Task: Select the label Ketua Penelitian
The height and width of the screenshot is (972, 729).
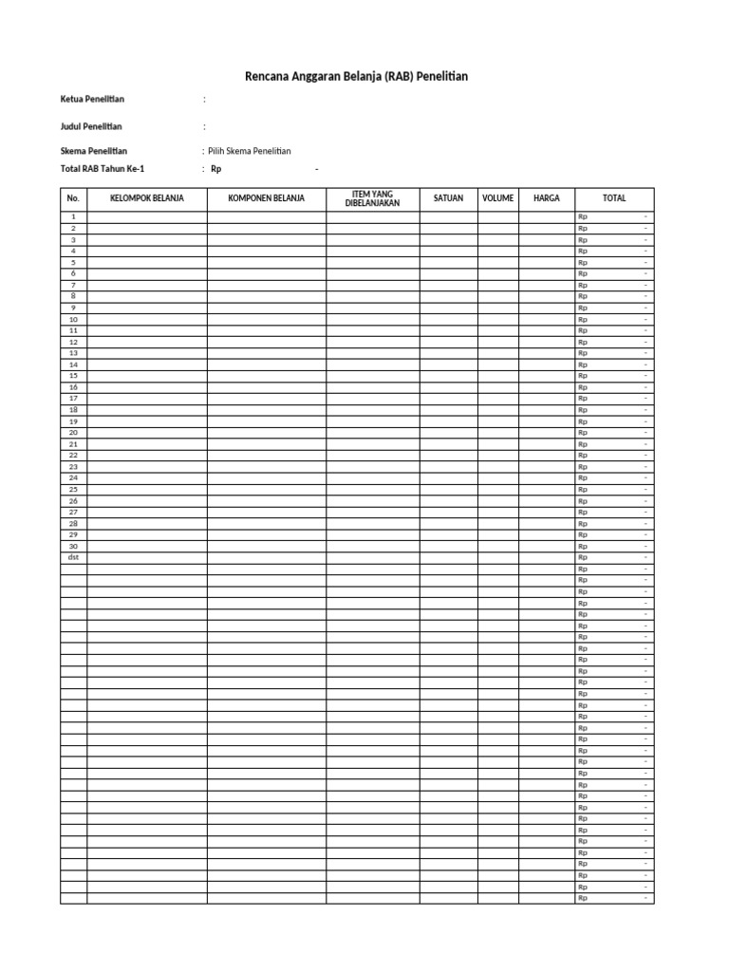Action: pyautogui.click(x=92, y=99)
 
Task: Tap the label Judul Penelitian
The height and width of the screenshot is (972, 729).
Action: pyautogui.click(x=91, y=126)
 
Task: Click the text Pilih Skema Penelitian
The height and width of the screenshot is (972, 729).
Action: pyautogui.click(x=249, y=151)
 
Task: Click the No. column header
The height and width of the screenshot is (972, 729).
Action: pyautogui.click(x=73, y=198)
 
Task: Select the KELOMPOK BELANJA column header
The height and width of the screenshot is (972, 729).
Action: pyautogui.click(x=147, y=198)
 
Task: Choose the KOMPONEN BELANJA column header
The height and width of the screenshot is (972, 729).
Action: pyautogui.click(x=267, y=198)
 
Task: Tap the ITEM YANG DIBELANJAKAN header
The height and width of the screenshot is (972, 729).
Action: pyautogui.click(x=373, y=198)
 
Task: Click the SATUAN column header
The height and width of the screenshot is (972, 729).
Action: pyautogui.click(x=448, y=198)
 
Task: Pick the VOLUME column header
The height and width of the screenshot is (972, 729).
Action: pyautogui.click(x=497, y=198)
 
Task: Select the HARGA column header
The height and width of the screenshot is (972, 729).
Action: pyautogui.click(x=547, y=198)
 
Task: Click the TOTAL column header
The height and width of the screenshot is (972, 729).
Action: pyautogui.click(x=614, y=198)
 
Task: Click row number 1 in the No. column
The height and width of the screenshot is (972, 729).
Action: pyautogui.click(x=73, y=217)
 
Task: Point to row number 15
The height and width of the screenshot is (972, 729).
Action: pyautogui.click(x=73, y=376)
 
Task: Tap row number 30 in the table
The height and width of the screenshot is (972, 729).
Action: pyautogui.click(x=73, y=546)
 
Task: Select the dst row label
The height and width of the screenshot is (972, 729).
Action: pyautogui.click(x=73, y=557)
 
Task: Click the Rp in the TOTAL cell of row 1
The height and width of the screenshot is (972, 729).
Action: pyautogui.click(x=583, y=217)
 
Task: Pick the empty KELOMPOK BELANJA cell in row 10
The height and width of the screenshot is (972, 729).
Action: pyautogui.click(x=147, y=320)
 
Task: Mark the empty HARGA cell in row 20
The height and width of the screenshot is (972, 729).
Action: pyautogui.click(x=547, y=433)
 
